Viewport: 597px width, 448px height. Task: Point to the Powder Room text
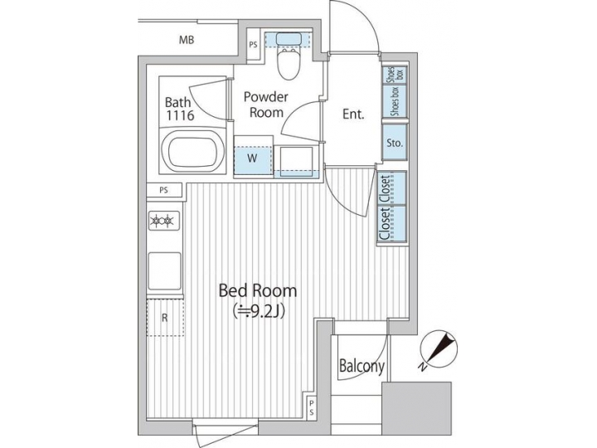(x=265, y=105)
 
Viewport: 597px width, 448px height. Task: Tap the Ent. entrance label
(x=354, y=115)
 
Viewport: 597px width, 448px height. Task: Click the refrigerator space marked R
(x=164, y=317)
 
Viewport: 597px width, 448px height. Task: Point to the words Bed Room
(x=257, y=291)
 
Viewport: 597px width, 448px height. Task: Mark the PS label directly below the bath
(x=163, y=191)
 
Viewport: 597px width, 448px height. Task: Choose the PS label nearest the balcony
(x=312, y=407)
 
